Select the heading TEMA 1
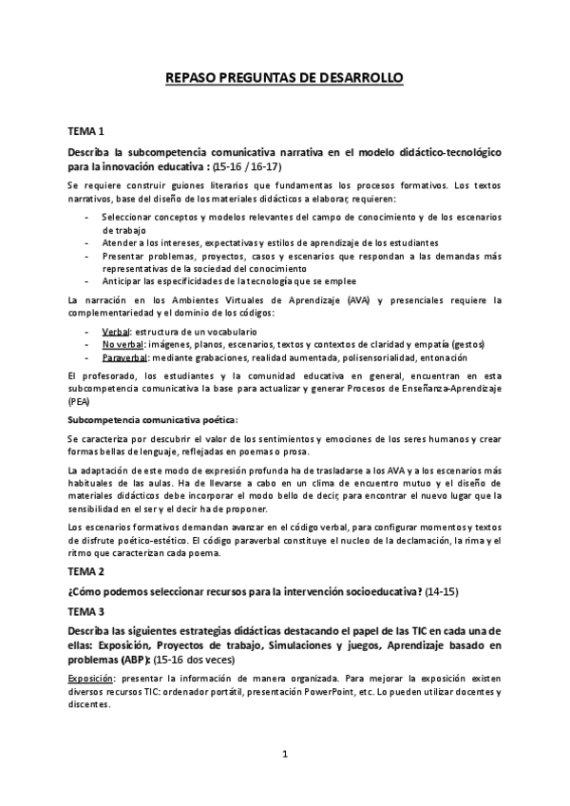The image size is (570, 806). click(85, 131)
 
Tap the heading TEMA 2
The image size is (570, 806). click(85, 572)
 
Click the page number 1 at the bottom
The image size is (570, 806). click(285, 755)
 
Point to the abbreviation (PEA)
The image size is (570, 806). click(79, 402)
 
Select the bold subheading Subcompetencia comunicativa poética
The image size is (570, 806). click(139, 419)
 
